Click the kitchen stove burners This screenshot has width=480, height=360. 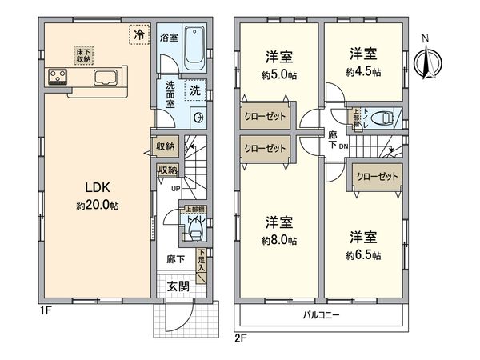click(58, 77)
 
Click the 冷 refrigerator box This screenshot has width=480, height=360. click(139, 35)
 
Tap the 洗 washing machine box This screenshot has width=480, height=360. click(194, 92)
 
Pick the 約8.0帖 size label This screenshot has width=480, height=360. click(279, 240)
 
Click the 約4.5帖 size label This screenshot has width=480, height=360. click(362, 72)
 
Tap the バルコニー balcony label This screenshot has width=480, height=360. click(322, 314)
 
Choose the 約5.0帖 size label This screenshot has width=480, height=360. click(279, 72)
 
